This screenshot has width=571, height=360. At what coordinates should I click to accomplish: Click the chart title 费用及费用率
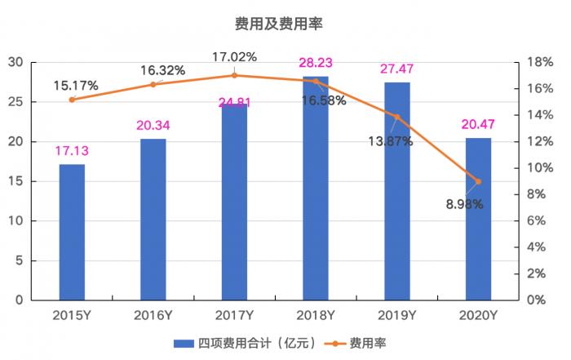click(285, 24)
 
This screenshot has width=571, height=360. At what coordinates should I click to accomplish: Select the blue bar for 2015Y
click(72, 232)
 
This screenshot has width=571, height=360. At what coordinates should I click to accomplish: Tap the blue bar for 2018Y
click(316, 188)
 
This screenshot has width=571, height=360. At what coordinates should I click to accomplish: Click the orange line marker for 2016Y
click(153, 84)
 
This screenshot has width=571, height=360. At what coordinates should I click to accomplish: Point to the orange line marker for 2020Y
click(478, 181)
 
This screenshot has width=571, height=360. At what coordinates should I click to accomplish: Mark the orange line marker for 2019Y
click(397, 117)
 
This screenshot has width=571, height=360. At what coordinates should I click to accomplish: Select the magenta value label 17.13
click(72, 152)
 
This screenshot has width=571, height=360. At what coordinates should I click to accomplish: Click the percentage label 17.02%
click(234, 57)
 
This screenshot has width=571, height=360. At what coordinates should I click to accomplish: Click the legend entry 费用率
click(367, 343)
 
